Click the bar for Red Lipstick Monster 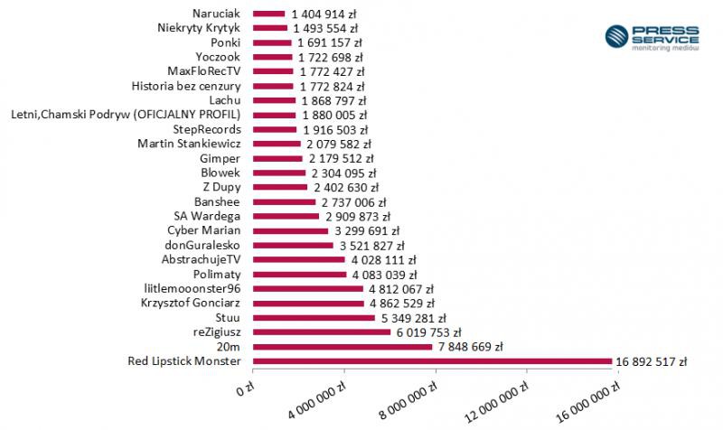click(432, 361)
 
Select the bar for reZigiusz click(322, 332)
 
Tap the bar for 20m click(343, 347)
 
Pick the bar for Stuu click(314, 318)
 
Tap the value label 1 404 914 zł click(324, 14)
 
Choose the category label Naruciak click(216, 14)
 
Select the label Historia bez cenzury click(185, 87)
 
